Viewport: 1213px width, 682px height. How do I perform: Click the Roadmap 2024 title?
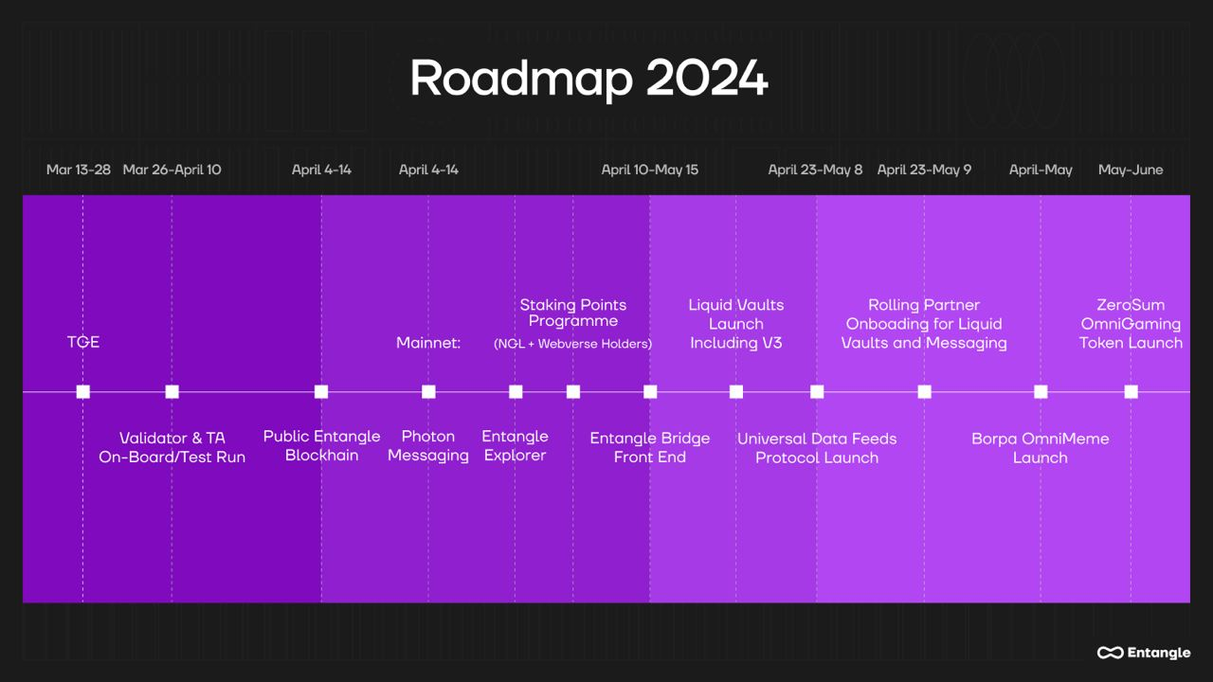coord(589,78)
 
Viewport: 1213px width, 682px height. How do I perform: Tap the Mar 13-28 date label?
coord(79,170)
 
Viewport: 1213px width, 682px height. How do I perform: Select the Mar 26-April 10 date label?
coord(172,170)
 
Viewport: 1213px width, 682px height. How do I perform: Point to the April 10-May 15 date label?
coord(650,170)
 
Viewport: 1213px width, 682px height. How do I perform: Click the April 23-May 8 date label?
coord(815,170)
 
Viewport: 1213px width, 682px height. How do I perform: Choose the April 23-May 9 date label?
coord(924,170)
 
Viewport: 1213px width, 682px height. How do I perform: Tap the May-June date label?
coord(1131,170)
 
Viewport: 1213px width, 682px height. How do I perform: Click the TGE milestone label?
coord(83,342)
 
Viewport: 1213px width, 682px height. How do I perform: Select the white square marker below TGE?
coord(82,391)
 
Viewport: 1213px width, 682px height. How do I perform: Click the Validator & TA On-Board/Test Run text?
coord(172,447)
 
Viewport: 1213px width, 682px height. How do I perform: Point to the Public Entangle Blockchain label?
coord(321,446)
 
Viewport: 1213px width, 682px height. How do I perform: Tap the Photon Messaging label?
coord(428,446)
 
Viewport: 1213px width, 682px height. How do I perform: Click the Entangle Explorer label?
coord(515,446)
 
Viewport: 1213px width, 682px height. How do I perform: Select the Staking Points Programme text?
coord(573,313)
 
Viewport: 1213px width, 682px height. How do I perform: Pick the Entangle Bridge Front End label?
coord(650,448)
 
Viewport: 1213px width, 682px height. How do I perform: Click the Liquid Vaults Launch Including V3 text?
coord(736,324)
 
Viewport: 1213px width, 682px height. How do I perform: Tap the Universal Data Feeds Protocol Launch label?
coord(817,448)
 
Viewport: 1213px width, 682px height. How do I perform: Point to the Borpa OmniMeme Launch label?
coord(1041,448)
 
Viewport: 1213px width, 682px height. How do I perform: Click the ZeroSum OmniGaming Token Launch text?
coord(1131,324)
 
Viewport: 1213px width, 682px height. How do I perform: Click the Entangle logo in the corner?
coord(1144,653)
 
